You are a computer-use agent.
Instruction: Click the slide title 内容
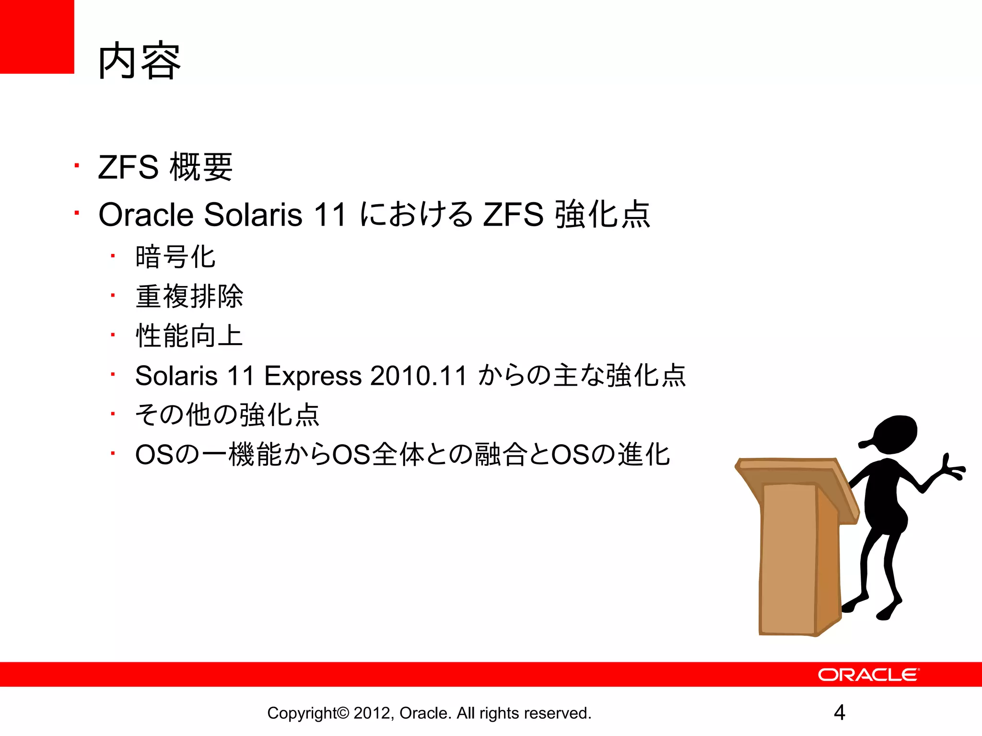point(139,61)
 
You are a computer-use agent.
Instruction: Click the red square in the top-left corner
point(37,36)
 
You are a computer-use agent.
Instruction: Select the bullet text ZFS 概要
point(165,167)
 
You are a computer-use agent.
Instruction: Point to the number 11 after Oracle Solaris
point(329,214)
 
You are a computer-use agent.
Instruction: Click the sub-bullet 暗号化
point(175,257)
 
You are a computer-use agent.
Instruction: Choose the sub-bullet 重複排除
point(189,296)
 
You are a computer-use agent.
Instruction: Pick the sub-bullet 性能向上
point(189,335)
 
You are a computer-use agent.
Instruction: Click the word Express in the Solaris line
point(313,375)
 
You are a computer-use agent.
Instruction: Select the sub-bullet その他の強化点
point(227,415)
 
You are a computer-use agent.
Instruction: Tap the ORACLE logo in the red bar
point(868,675)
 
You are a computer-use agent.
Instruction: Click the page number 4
point(839,713)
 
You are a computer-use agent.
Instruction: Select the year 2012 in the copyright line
point(373,713)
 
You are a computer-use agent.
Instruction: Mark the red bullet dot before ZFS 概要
point(76,166)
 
